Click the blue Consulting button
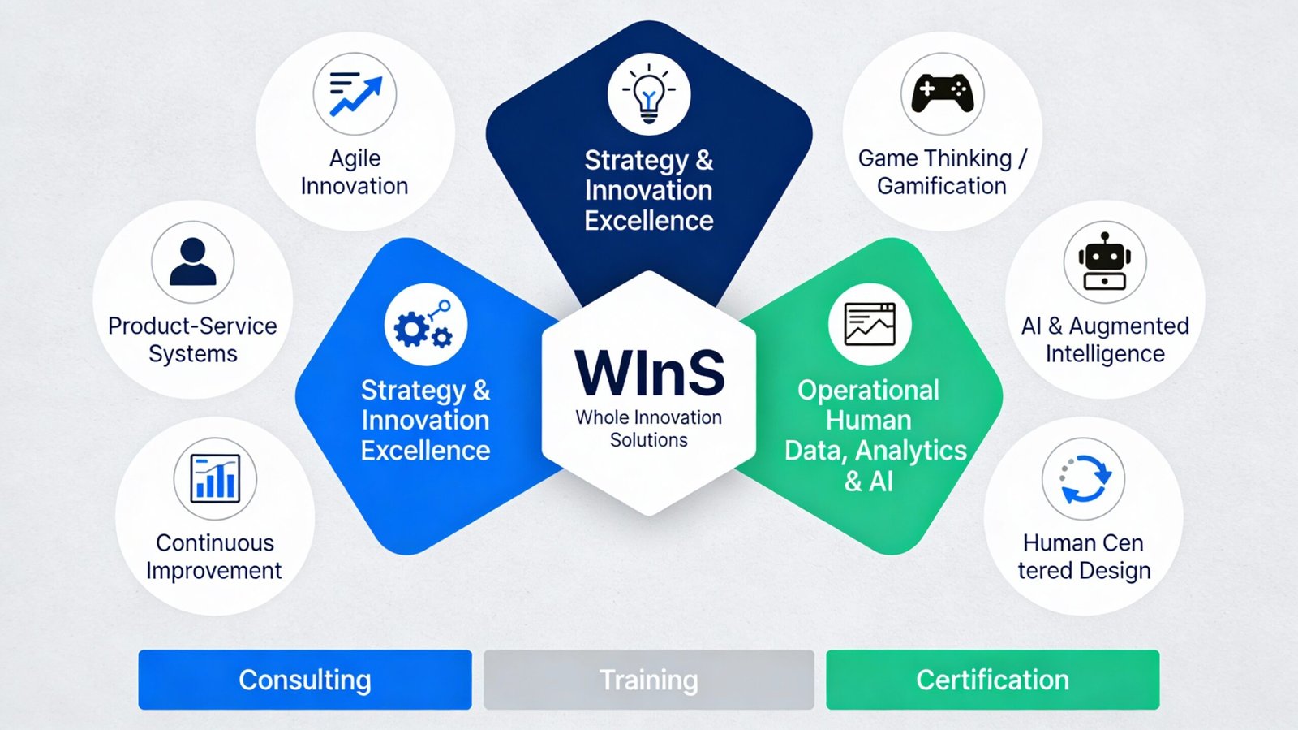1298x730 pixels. pyautogui.click(x=305, y=680)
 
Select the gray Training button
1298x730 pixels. pyautogui.click(x=649, y=680)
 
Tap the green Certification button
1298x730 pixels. pyautogui.click(x=993, y=680)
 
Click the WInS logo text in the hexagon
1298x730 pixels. pyautogui.click(x=649, y=374)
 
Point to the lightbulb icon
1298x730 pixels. pyautogui.click(x=649, y=94)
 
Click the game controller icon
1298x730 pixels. pyautogui.click(x=943, y=93)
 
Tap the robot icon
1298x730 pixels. pyautogui.click(x=1105, y=261)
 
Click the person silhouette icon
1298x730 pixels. pyautogui.click(x=193, y=261)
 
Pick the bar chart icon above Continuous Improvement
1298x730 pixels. pyautogui.click(x=215, y=478)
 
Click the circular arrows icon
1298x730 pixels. pyautogui.click(x=1085, y=479)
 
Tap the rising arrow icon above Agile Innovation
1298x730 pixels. pyautogui.click(x=355, y=94)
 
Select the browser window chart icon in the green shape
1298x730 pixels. pyautogui.click(x=870, y=324)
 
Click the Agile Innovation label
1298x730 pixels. pyautogui.click(x=355, y=172)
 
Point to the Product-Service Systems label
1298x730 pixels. pyautogui.click(x=192, y=339)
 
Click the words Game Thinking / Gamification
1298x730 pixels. pyautogui.click(x=942, y=172)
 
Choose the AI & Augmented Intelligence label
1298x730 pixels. pyautogui.click(x=1105, y=339)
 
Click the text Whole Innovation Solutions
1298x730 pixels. pyautogui.click(x=649, y=429)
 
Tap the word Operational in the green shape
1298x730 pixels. pyautogui.click(x=868, y=391)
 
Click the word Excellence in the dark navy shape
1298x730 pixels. pyautogui.click(x=649, y=221)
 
